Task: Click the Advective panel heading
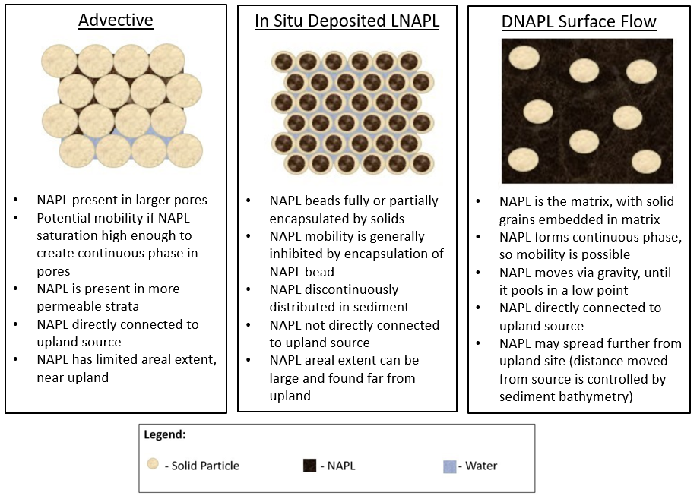[x=116, y=20]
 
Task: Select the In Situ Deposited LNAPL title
[x=347, y=21]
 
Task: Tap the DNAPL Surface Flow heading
[x=579, y=21]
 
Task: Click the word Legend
[x=165, y=434]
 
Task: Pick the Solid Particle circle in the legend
[x=153, y=464]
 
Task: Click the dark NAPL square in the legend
[x=309, y=466]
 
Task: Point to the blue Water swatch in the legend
[x=449, y=466]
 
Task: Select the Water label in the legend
[x=481, y=466]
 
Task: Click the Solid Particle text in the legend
[x=205, y=466]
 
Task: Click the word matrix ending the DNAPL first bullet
[x=639, y=219]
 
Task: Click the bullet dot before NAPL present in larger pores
[x=16, y=200]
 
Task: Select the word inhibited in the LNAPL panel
[x=296, y=254]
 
